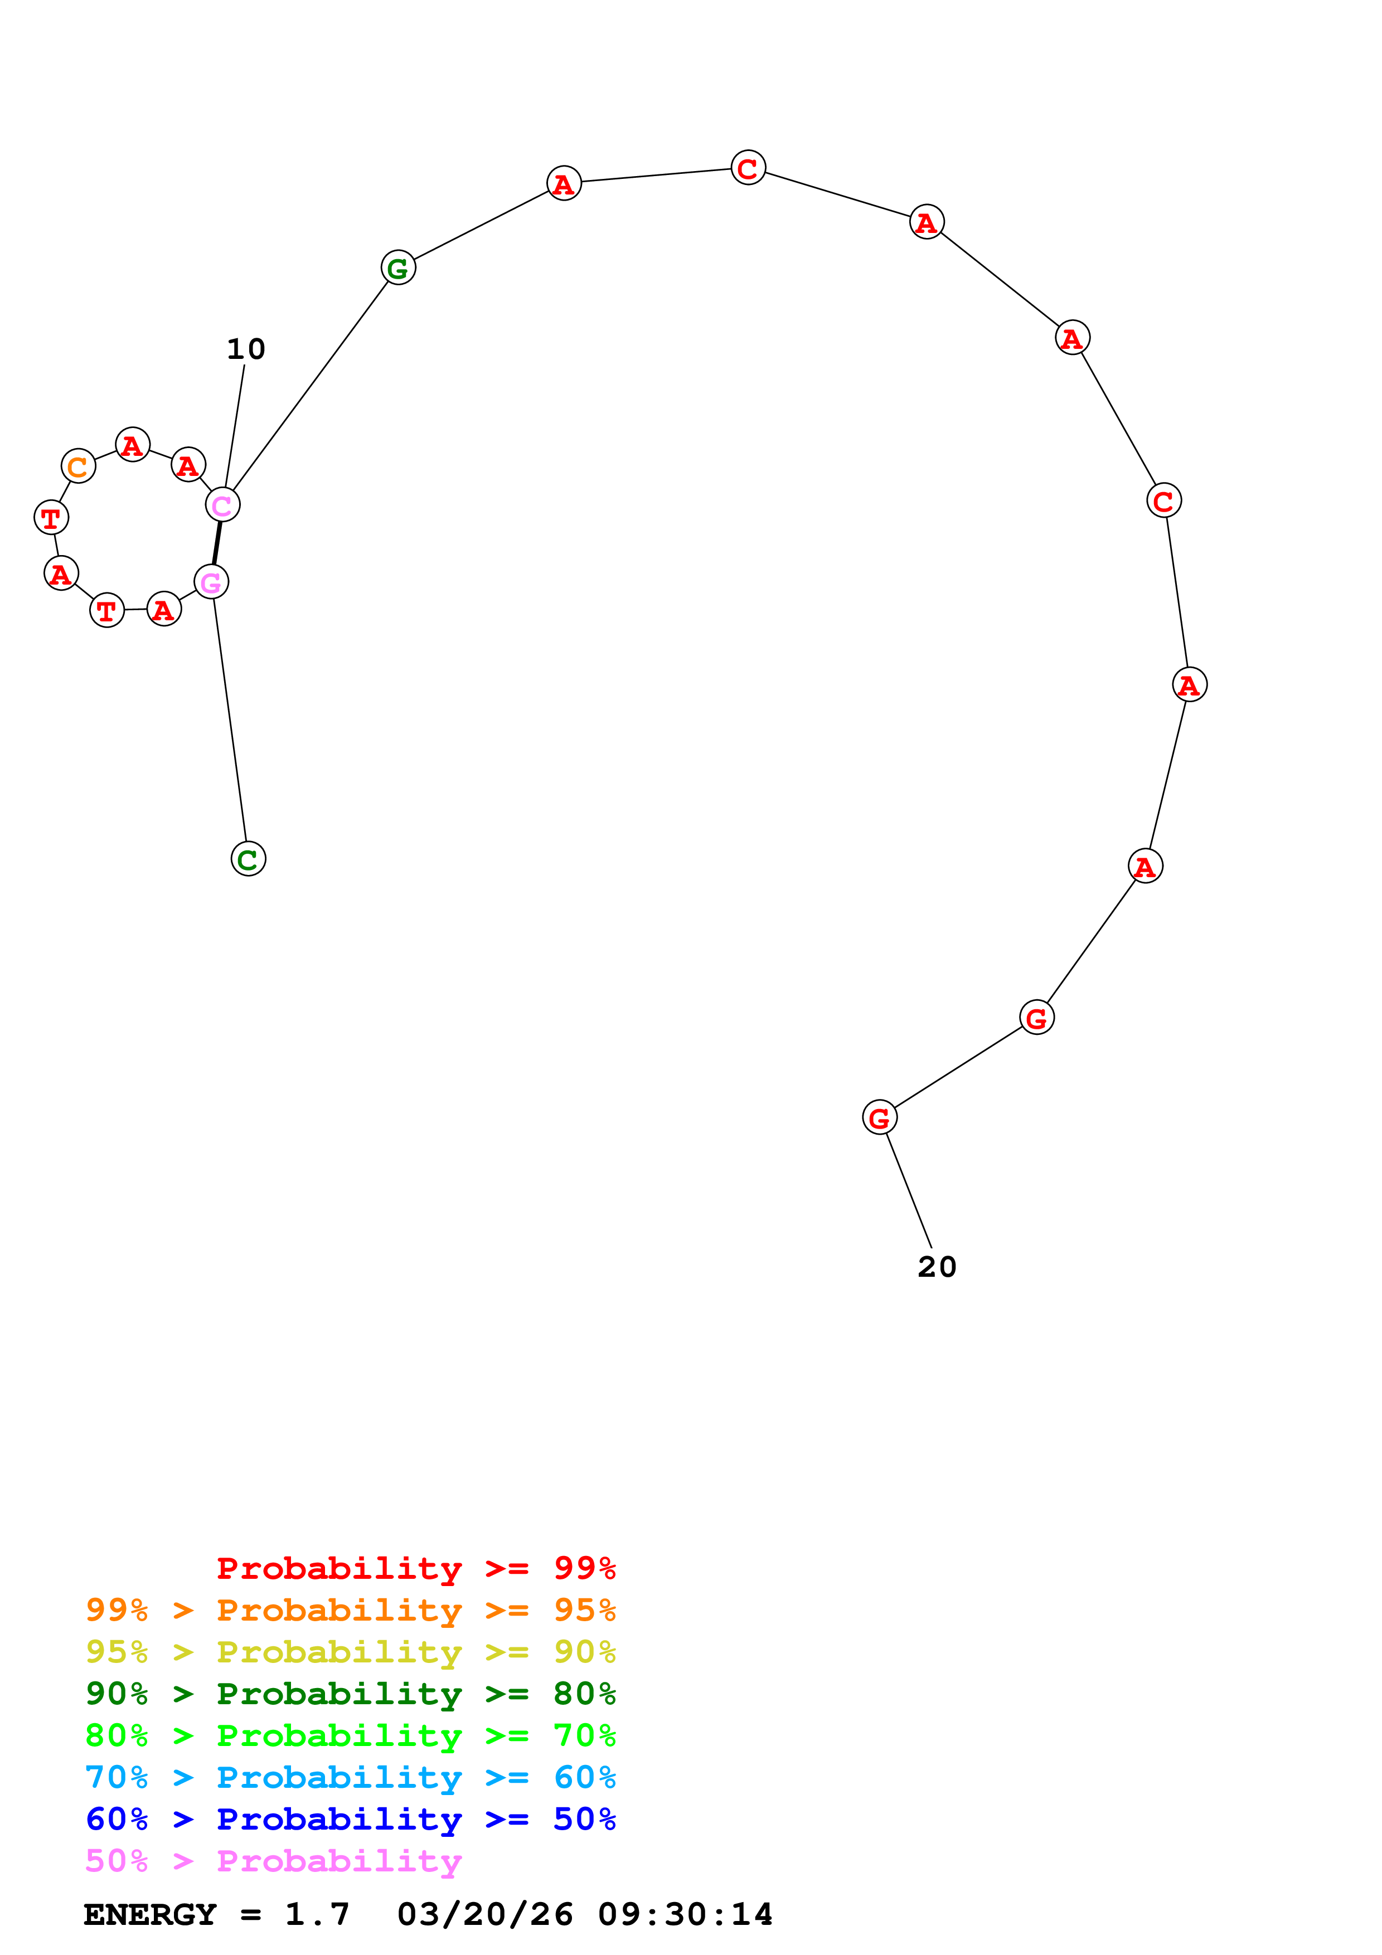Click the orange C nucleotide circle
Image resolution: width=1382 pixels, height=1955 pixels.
79,466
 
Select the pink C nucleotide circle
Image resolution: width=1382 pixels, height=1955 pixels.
223,505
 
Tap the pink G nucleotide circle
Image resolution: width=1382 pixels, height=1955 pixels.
211,582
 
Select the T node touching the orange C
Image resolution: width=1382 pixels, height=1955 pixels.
51,517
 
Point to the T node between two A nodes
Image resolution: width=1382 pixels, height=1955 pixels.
107,610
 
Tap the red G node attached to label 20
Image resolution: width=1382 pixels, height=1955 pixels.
880,1117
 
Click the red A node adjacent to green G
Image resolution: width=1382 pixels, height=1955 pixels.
564,183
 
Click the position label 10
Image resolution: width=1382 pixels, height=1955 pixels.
246,349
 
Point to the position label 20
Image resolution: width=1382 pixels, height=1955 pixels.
937,1267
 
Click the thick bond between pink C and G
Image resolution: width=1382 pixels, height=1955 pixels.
217,543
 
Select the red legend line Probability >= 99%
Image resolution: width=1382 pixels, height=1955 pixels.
415,1568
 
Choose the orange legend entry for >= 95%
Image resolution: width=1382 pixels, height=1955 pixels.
350,1610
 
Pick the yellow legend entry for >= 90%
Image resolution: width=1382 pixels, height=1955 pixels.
350,1652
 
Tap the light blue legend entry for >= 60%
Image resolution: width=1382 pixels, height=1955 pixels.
350,1777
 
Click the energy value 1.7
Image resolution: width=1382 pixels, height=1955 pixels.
317,1914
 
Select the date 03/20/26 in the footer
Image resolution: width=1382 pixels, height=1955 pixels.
484,1914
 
